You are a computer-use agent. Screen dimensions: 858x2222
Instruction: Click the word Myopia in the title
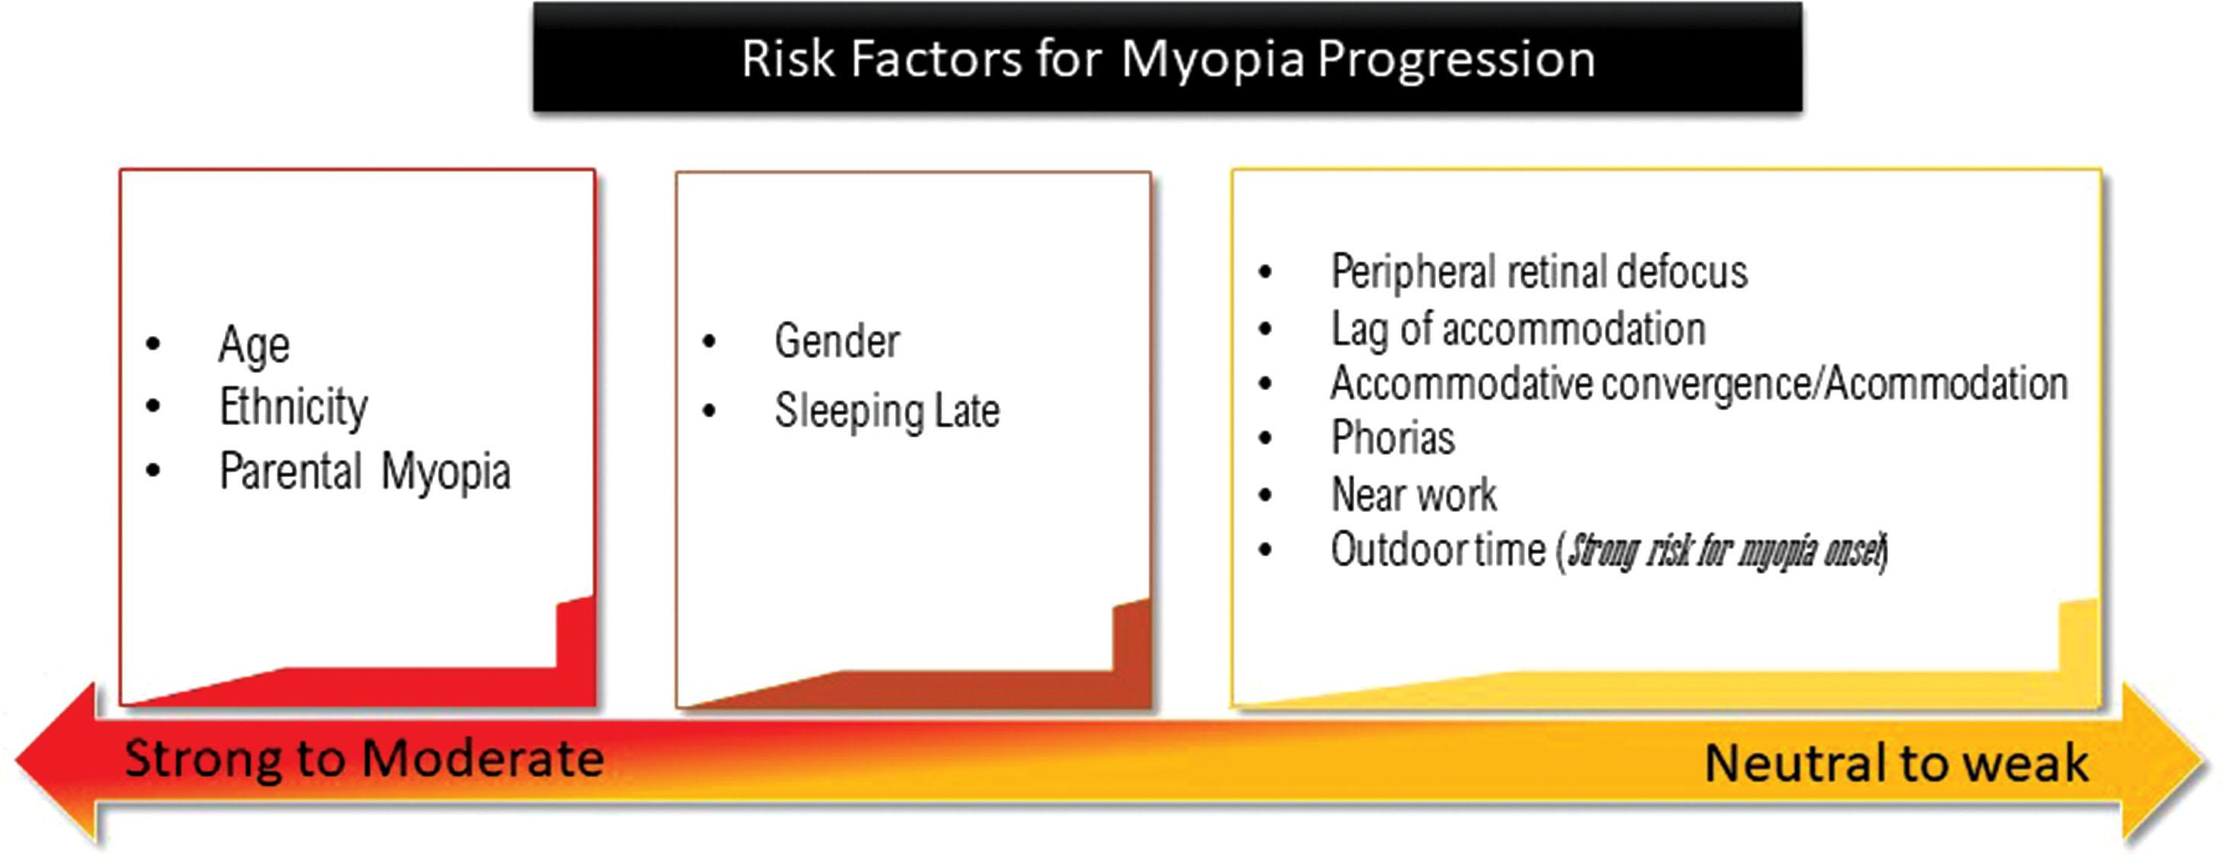pos(1212,60)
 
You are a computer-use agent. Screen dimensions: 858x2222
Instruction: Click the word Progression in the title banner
pos(1456,60)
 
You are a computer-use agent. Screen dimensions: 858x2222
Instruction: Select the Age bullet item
pos(254,346)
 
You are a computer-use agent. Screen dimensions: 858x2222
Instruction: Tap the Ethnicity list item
pos(294,407)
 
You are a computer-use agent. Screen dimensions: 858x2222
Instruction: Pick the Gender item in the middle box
pos(836,341)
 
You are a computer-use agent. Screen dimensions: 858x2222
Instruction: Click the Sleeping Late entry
pos(887,411)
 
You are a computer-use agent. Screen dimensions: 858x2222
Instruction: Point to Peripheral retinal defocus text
pos(1539,271)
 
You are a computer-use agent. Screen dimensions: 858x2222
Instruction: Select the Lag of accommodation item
pos(1518,329)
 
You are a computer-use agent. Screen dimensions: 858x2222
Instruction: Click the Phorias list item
pos(1392,438)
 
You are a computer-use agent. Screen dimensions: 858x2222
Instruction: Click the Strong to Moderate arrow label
pos(363,759)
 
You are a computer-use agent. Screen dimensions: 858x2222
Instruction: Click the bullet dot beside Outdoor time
pos(1265,550)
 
